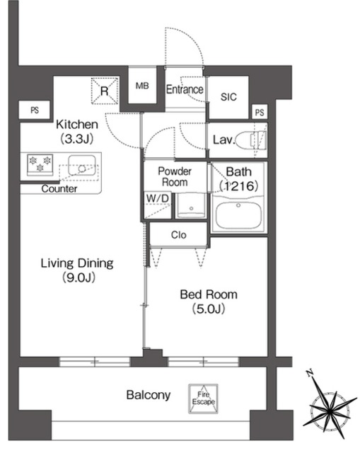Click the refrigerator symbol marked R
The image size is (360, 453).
tap(105, 91)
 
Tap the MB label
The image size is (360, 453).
tap(142, 86)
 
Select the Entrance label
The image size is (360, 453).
tap(185, 89)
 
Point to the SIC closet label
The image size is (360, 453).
tap(228, 97)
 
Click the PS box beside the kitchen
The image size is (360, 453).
tap(35, 110)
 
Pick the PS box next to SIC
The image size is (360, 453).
tap(260, 112)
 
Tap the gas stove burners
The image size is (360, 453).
tap(40, 164)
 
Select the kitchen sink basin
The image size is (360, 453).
tap(82, 166)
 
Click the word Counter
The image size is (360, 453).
tap(59, 189)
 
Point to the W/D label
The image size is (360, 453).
tap(157, 198)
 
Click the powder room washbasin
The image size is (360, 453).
tap(191, 206)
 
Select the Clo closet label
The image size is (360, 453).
tap(179, 235)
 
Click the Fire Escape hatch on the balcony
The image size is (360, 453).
tap(203, 398)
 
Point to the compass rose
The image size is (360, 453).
tap(330, 408)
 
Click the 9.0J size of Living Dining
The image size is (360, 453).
tap(79, 277)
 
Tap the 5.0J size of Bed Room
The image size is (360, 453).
tap(209, 309)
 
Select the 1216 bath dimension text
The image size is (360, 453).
tap(239, 185)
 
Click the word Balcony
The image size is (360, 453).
tap(149, 395)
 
